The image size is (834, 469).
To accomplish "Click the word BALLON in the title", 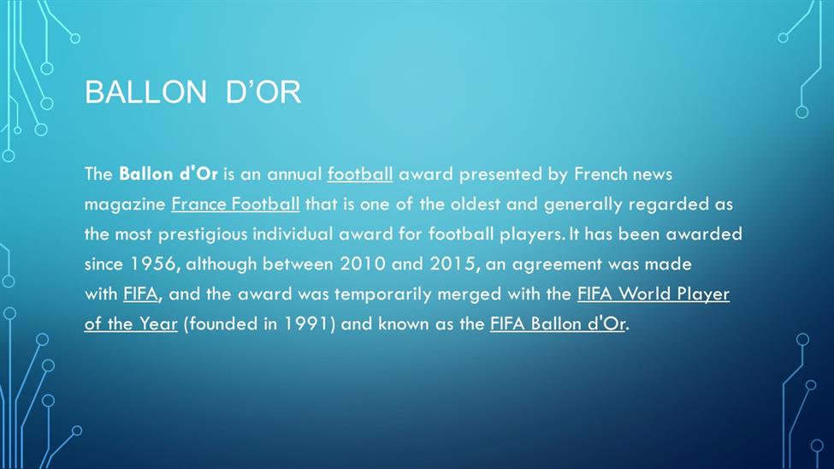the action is [x=145, y=92].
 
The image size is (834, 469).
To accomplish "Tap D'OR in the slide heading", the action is [x=263, y=92].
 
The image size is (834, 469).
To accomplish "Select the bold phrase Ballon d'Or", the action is [x=168, y=174].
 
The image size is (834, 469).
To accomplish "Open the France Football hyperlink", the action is [x=235, y=204].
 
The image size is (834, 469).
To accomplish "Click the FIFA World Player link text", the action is [x=654, y=294].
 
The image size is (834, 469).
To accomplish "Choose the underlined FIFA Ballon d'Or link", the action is [x=558, y=324].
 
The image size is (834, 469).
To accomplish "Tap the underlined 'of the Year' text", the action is [x=131, y=324].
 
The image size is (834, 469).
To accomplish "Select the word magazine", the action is [x=125, y=205].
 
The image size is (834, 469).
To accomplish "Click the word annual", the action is [x=294, y=174].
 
